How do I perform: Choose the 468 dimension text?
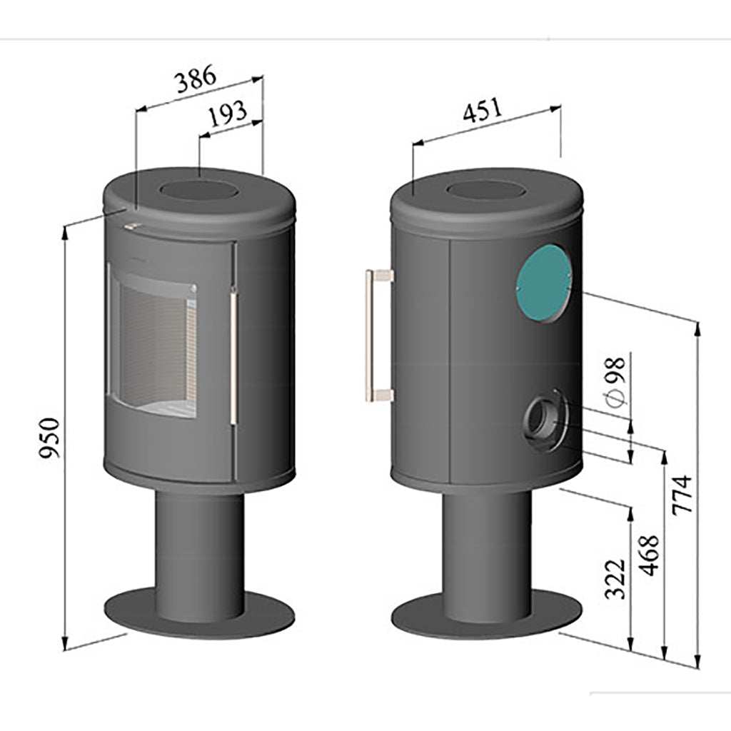coord(649,555)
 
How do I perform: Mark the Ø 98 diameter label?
coord(615,381)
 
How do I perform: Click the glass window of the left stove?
coord(151,342)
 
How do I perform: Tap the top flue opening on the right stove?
coord(485,191)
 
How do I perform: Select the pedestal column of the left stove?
coord(200,543)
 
